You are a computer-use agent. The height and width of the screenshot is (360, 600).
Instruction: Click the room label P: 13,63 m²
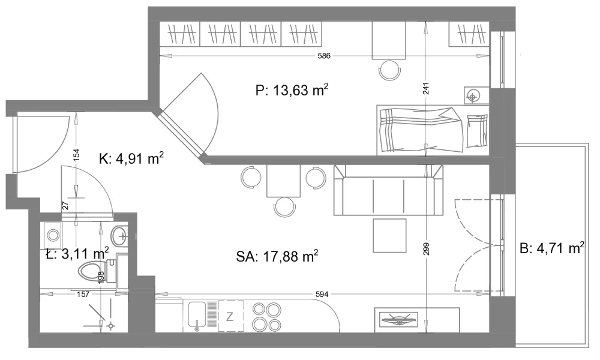pyautogui.click(x=292, y=91)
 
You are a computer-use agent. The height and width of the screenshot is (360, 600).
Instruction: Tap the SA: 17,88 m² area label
pyautogui.click(x=277, y=256)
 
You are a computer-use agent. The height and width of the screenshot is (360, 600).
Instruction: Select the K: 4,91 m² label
pyautogui.click(x=131, y=158)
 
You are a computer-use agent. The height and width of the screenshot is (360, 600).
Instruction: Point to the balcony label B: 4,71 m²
pyautogui.click(x=552, y=248)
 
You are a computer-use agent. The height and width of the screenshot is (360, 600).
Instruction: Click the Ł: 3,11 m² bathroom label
pyautogui.click(x=77, y=253)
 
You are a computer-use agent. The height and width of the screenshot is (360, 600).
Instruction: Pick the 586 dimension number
pyautogui.click(x=324, y=56)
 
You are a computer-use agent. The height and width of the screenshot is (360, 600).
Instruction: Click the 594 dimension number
pyautogui.click(x=322, y=294)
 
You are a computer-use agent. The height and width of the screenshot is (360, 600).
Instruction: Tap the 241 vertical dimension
pyautogui.click(x=426, y=88)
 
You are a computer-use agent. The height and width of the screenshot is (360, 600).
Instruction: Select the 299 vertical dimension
pyautogui.click(x=427, y=249)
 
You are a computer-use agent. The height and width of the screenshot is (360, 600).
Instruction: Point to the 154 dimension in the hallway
pyautogui.click(x=76, y=154)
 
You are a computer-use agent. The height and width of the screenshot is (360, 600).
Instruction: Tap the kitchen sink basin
pyautogui.click(x=197, y=316)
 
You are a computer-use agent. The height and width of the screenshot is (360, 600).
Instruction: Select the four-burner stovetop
pyautogui.click(x=267, y=316)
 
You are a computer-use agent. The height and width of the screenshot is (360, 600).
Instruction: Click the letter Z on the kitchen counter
pyautogui.click(x=230, y=316)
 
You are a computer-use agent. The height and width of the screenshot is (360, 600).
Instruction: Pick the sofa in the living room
pyautogui.click(x=388, y=190)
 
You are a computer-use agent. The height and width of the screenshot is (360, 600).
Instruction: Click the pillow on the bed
pyautogui.click(x=477, y=131)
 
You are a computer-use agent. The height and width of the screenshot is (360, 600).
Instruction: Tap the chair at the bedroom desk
pyautogui.click(x=389, y=70)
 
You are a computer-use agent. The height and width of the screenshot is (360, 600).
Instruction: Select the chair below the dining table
pyautogui.click(x=284, y=207)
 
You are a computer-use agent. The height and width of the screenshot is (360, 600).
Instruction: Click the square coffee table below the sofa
pyautogui.click(x=389, y=235)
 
